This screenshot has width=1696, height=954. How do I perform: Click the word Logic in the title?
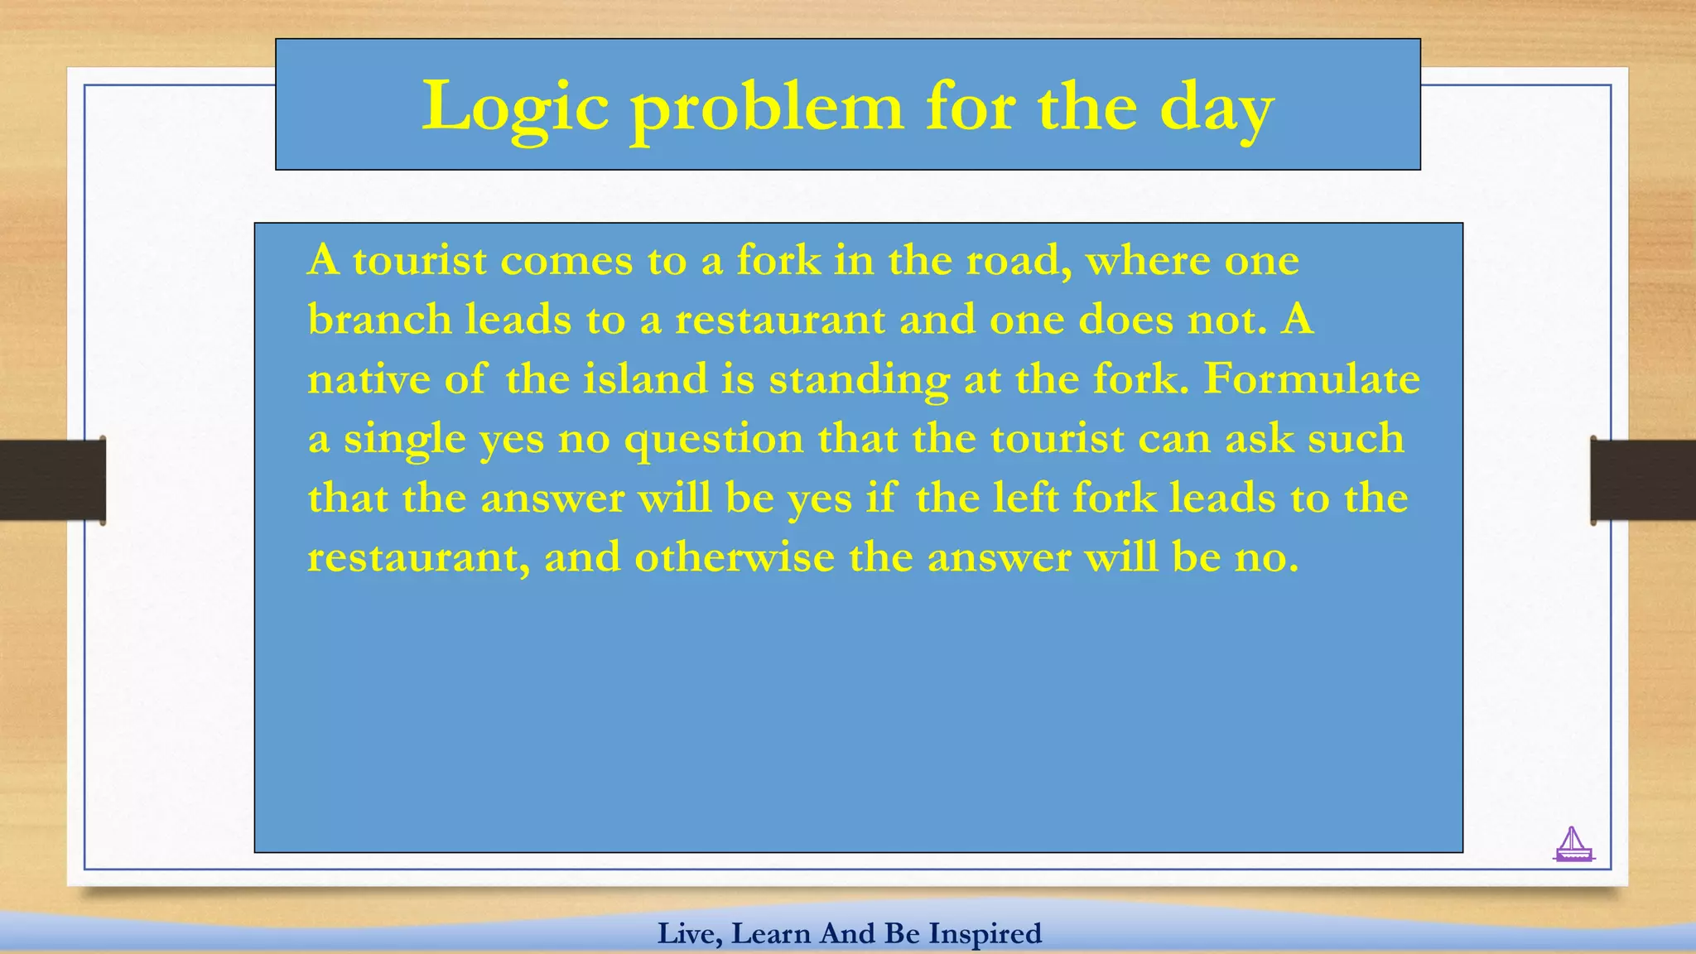[515, 108]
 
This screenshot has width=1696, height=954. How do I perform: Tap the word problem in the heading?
[767, 108]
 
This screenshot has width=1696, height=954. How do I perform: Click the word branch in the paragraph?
[379, 319]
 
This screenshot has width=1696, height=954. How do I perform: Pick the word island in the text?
[645, 379]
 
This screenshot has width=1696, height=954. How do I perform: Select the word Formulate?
[1311, 379]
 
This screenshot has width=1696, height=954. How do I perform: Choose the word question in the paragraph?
[713, 439]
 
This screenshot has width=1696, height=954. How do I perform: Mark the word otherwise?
[735, 556]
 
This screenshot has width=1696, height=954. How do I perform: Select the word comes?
[566, 261]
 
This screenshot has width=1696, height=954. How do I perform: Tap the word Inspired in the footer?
[985, 933]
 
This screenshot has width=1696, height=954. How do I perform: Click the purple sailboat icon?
[1573, 845]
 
